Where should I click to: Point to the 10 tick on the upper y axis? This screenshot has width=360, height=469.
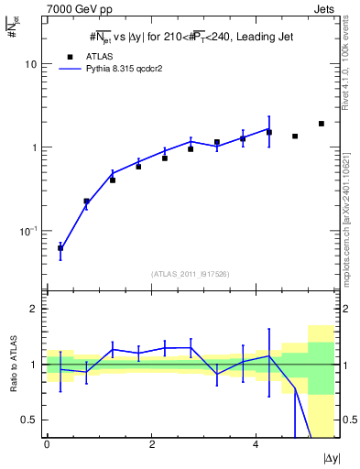tap(30, 65)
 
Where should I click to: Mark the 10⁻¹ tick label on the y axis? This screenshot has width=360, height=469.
tap(28, 230)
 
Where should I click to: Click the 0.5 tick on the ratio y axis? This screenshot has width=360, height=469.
tap(29, 420)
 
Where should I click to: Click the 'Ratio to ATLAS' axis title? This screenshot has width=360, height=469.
tap(12, 365)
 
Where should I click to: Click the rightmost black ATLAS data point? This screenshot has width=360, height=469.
tap(322, 124)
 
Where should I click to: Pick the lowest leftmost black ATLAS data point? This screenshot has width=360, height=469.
tap(60, 248)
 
